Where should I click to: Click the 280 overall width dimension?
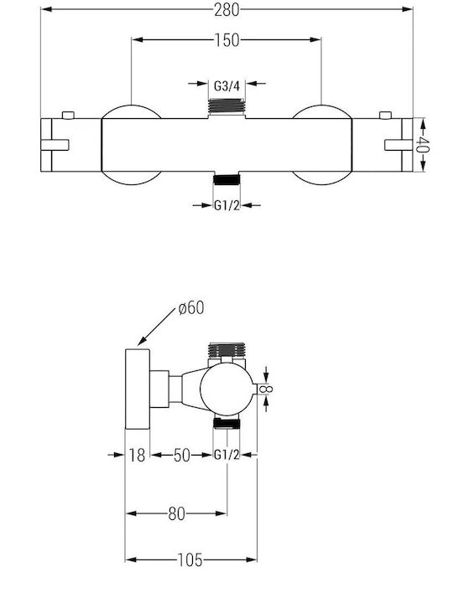click(226, 9)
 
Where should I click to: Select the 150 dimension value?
click(226, 40)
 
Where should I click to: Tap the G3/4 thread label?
click(226, 85)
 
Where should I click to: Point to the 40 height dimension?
click(422, 145)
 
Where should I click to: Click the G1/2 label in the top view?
click(226, 205)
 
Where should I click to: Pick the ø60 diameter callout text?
click(191, 307)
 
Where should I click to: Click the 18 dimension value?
click(137, 455)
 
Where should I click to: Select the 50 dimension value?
click(182, 455)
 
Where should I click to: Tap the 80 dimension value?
click(176, 513)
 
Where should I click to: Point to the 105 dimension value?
click(190, 560)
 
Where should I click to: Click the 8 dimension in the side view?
click(266, 389)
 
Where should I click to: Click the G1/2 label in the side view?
click(226, 455)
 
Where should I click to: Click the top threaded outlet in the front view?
click(226, 106)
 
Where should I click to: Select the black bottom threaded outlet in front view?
click(226, 179)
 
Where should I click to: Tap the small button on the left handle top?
click(68, 115)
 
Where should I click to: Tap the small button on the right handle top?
click(385, 115)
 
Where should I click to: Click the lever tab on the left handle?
click(55, 145)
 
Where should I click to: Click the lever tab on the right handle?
click(398, 145)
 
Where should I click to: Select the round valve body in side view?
click(226, 389)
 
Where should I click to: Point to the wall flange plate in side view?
click(138, 389)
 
